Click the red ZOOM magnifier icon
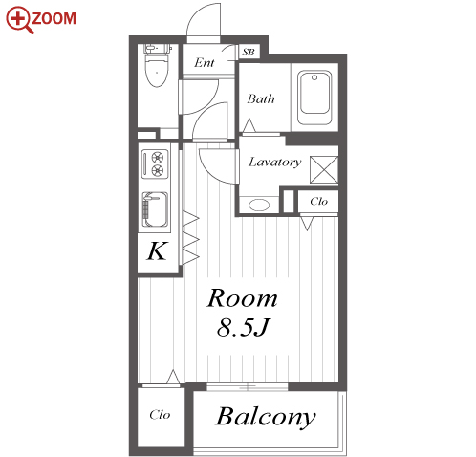coord(20,20)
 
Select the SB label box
coord(249,52)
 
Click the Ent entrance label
coord(205,62)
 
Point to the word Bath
coord(261,98)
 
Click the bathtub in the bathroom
coord(314,98)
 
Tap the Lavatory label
coord(275,162)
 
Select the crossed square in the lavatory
coord(324,169)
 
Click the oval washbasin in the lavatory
coord(259,205)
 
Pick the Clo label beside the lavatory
coord(318,202)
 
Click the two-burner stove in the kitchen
coord(155,163)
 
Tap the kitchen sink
coord(155,209)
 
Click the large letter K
coord(158,251)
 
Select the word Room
coord(242,298)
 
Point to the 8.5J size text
coord(244,327)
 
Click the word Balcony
coord(266,417)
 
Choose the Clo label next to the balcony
coord(160,415)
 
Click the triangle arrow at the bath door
coord(249,125)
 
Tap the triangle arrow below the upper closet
coord(307,224)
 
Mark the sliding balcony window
coord(248,387)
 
